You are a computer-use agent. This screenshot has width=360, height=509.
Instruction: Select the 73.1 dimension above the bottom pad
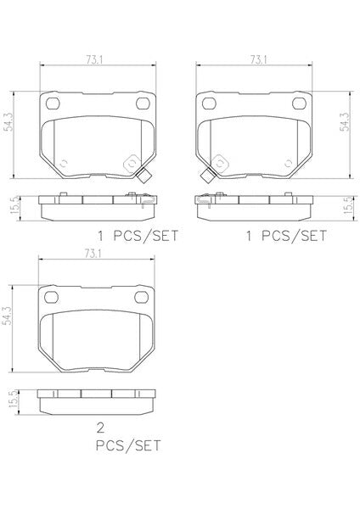pos(93,254)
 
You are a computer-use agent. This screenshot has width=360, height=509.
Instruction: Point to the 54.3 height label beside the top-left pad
pos(8,121)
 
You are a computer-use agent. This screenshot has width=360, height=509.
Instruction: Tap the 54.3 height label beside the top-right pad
pos(345,121)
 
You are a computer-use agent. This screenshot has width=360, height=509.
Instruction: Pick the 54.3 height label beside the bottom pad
pos(7,316)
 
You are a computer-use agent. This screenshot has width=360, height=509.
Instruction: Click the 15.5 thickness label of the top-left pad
pos(15,206)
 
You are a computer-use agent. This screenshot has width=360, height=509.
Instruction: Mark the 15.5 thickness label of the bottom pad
pos(14,400)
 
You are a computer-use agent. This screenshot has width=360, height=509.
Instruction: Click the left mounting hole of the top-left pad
pos(53,103)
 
